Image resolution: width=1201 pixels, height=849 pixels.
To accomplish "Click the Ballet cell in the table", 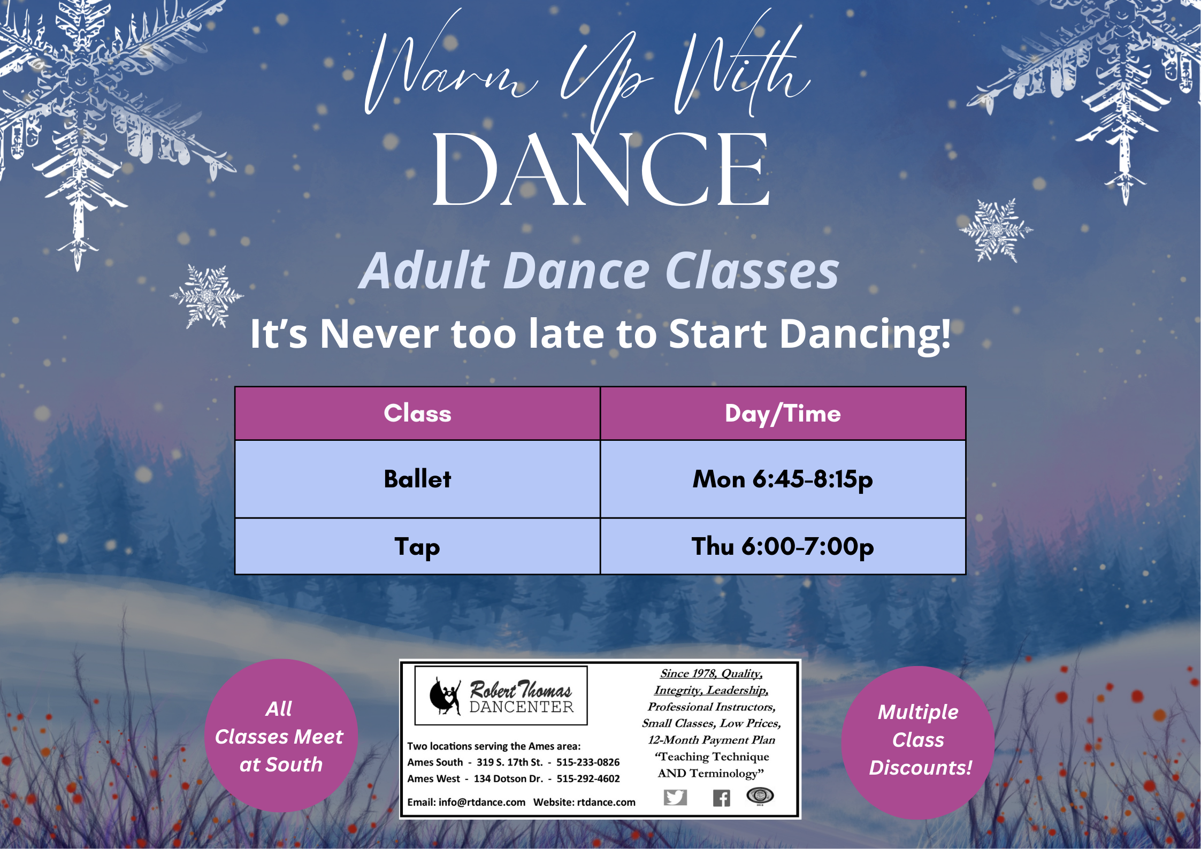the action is (x=417, y=479).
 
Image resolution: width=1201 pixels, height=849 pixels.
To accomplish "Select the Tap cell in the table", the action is (x=417, y=546).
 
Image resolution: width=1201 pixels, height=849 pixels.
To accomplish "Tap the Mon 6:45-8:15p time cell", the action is (x=783, y=479).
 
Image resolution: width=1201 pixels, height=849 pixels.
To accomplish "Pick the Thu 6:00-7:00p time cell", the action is (x=783, y=546).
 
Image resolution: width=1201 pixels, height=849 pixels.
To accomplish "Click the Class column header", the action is (x=417, y=414).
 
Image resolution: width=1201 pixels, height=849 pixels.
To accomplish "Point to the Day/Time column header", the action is (x=783, y=414).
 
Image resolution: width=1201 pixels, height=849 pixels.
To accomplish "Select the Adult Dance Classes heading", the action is (x=599, y=271).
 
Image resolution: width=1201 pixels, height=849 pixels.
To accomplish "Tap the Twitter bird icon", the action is (x=675, y=797).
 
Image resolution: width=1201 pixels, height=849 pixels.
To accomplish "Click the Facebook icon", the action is (x=721, y=798).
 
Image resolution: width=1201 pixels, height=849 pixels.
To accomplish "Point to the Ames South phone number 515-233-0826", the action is (x=588, y=762).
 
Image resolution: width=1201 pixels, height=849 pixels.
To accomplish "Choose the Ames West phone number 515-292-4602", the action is (x=588, y=779).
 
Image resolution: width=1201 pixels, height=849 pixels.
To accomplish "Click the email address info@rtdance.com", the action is (x=482, y=802).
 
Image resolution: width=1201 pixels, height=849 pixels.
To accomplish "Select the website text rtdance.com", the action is (x=606, y=802).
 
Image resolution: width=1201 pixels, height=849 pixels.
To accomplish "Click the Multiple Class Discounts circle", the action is (x=918, y=743).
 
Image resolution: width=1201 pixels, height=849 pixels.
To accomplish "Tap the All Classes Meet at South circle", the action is (x=281, y=736).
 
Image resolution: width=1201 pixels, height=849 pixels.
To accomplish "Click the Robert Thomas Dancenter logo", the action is (x=501, y=695).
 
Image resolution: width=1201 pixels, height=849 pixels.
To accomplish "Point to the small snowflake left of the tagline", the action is (x=207, y=296).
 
